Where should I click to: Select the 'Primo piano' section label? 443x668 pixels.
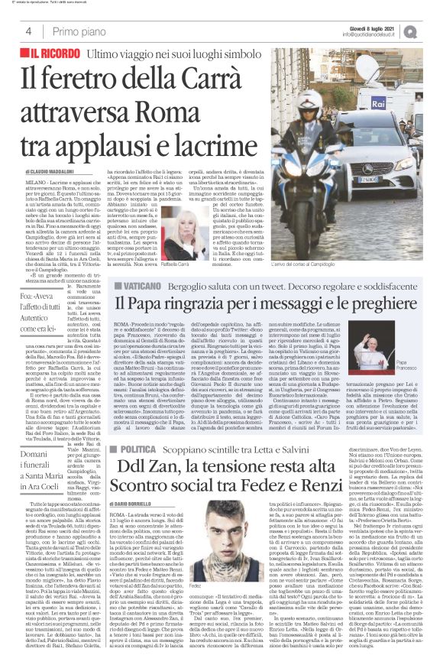click(76, 30)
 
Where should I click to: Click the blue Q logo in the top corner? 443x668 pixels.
click(432, 29)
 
